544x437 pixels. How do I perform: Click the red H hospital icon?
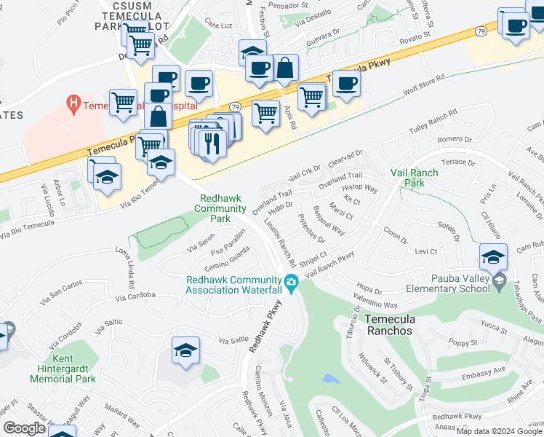click(x=73, y=105)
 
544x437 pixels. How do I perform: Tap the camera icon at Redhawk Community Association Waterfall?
click(x=292, y=283)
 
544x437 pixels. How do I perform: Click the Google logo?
click(x=25, y=428)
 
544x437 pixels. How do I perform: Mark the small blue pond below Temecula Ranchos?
click(x=330, y=379)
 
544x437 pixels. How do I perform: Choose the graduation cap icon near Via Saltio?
click(x=185, y=351)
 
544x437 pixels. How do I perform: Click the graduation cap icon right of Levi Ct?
click(x=493, y=256)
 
